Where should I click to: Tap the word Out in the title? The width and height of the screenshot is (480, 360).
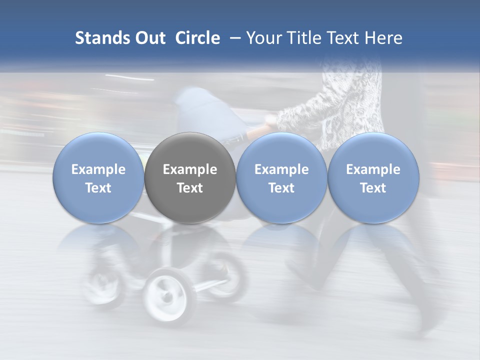tap(149, 38)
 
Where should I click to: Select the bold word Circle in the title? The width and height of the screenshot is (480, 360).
tap(197, 38)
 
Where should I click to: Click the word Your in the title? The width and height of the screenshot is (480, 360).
tap(262, 38)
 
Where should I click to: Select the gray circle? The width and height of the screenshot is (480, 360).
tap(190, 178)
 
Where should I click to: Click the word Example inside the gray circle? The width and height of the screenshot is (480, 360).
tap(190, 169)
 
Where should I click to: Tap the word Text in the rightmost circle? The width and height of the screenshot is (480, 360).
tap(373, 188)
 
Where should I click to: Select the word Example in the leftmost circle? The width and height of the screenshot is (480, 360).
tap(98, 169)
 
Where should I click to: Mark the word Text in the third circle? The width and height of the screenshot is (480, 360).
tap(281, 188)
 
